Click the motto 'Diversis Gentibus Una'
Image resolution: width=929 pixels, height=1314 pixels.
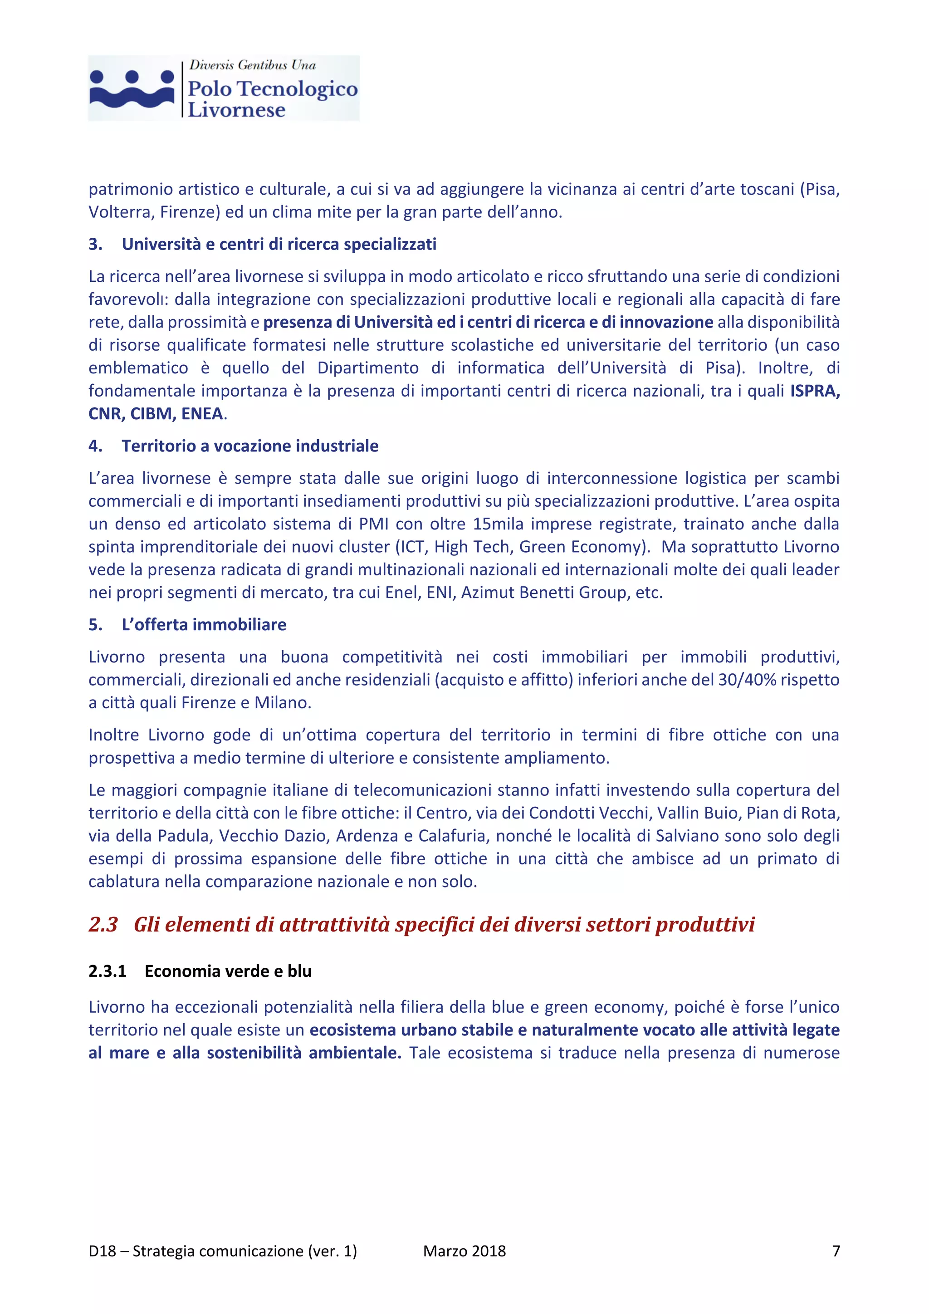click(x=252, y=65)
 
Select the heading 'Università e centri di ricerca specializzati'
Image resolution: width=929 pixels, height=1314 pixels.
click(x=279, y=245)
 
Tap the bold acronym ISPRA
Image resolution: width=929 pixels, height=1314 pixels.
click(x=814, y=391)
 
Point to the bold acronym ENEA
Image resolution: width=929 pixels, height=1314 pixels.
click(x=202, y=414)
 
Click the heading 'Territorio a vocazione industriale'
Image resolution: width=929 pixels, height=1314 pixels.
click(x=250, y=446)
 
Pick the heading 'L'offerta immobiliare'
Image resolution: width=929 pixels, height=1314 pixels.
click(x=204, y=625)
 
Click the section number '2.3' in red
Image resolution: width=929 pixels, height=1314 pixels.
click(x=103, y=924)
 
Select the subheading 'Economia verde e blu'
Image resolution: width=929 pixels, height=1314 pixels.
click(x=228, y=971)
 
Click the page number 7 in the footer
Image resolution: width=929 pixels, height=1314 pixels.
click(x=835, y=1251)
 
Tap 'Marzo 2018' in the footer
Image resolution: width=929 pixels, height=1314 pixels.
click(x=464, y=1251)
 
